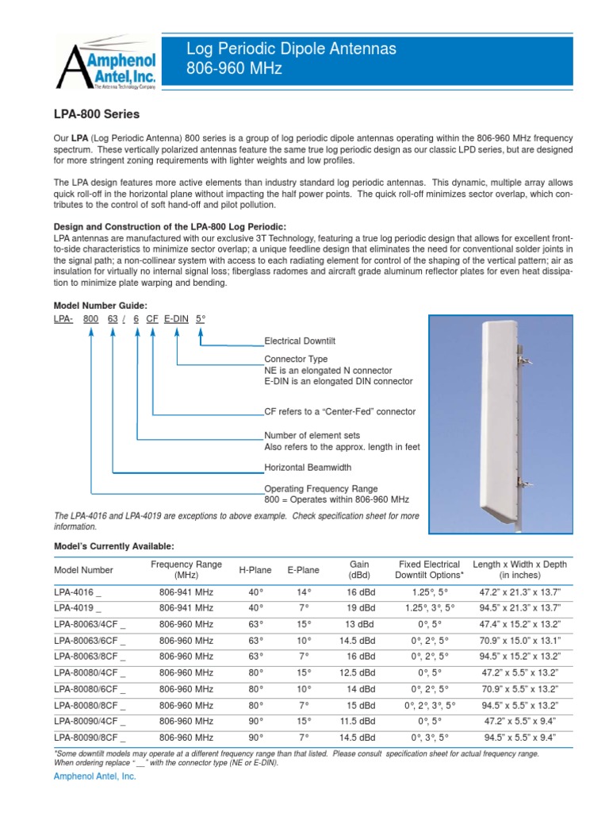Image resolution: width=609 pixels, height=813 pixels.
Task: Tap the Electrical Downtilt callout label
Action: coord(300,341)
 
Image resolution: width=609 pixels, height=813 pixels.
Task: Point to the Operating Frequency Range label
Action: coord(320,488)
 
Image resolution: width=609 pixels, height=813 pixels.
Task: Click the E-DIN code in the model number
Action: coord(176,318)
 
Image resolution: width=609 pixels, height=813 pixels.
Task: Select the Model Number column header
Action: coord(83,570)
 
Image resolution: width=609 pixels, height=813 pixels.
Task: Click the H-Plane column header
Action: coord(255,570)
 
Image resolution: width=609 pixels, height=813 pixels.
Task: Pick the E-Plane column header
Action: coord(303,570)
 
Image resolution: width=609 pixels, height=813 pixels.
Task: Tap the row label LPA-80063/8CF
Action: coord(90,657)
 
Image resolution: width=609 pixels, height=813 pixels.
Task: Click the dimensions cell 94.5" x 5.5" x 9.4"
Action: coord(519,737)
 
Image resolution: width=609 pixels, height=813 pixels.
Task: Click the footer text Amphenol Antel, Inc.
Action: coord(94,777)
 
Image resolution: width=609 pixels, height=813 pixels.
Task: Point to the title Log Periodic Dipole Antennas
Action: coord(290,49)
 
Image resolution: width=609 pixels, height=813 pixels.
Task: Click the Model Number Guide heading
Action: coord(100,305)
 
